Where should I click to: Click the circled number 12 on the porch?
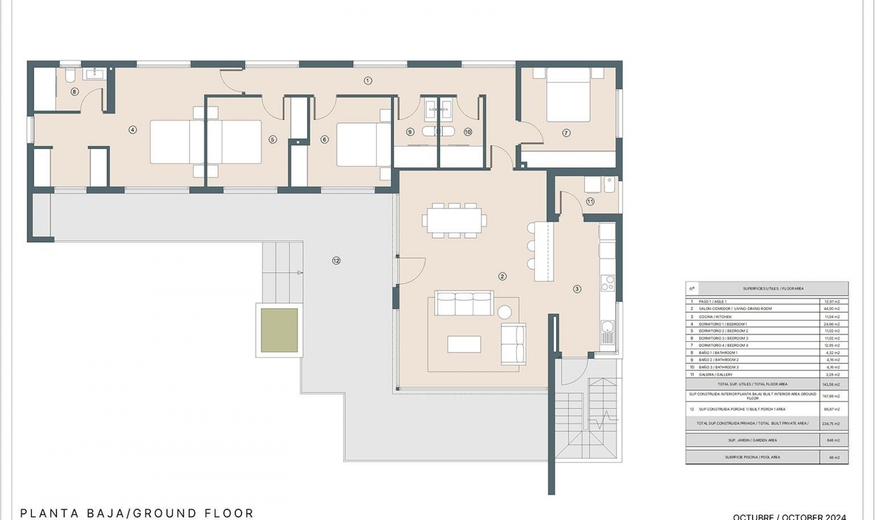(x=336, y=261)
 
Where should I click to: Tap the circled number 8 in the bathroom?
(x=75, y=92)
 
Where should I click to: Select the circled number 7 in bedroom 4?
(x=566, y=133)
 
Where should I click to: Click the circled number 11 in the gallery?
(x=590, y=201)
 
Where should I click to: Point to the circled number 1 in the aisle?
(x=368, y=81)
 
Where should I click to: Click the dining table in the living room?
(x=454, y=220)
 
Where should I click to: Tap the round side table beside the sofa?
(x=504, y=312)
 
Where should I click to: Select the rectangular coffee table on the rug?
(x=464, y=344)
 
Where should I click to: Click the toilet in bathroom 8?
(x=70, y=75)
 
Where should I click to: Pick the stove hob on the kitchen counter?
(x=607, y=283)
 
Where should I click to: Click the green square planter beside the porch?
(x=279, y=330)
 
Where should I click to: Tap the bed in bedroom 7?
(x=568, y=96)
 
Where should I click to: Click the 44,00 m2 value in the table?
(x=832, y=309)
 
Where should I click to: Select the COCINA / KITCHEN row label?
(x=715, y=317)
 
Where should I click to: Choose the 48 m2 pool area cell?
(x=834, y=458)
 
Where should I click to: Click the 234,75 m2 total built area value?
(x=832, y=424)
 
